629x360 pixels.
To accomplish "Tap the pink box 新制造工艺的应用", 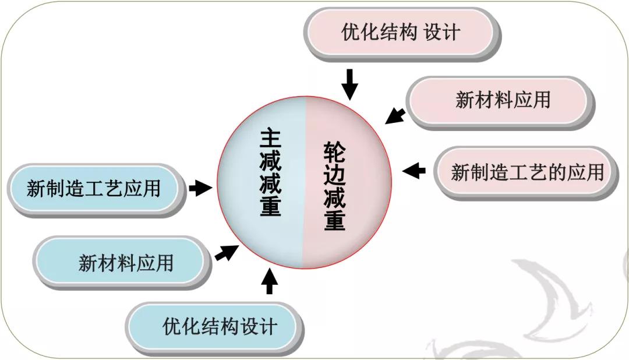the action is (x=526, y=173).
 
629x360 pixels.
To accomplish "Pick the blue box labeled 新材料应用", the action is (x=122, y=263).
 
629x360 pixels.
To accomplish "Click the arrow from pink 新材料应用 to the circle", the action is (x=395, y=115).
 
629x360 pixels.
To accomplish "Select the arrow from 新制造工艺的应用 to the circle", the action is (x=414, y=171).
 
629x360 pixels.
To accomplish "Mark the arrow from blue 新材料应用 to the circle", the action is (x=227, y=252).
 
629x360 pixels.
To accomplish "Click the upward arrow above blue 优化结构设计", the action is (x=270, y=281).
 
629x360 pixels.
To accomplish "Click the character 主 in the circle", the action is (x=270, y=139).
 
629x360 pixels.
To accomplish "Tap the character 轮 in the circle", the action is (x=334, y=151).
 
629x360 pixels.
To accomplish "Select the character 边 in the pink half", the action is (x=334, y=175).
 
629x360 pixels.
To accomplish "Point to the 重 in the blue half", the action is (x=270, y=206).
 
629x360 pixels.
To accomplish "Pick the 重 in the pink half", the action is (x=334, y=220).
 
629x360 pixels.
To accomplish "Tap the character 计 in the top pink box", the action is (x=452, y=32).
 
